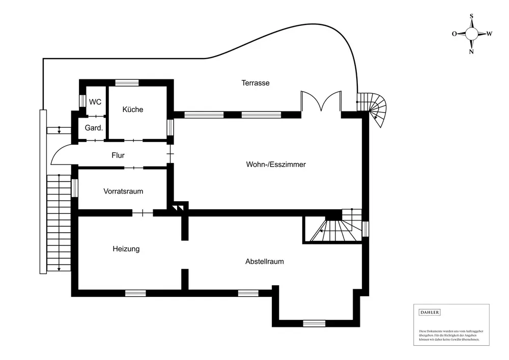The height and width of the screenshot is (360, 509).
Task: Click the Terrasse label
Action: (255, 82)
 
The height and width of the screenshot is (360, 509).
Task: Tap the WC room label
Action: (95, 102)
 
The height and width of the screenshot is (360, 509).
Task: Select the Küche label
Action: (133, 109)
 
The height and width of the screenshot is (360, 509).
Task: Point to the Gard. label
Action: (94, 128)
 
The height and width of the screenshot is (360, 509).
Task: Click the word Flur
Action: (118, 155)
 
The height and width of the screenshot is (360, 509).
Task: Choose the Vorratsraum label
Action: (123, 191)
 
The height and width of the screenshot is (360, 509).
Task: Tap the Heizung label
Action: (126, 249)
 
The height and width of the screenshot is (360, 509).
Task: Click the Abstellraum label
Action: (264, 261)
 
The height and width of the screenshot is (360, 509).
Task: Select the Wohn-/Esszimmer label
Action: (275, 164)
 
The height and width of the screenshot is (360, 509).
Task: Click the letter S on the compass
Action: (471, 16)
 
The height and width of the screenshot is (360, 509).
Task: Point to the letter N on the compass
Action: (471, 51)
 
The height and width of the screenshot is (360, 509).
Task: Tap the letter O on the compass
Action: (454, 34)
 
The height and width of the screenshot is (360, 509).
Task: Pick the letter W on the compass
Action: (489, 34)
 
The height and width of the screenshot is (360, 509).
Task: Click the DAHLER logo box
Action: (430, 312)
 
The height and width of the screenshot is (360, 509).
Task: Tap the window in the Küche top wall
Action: (127, 82)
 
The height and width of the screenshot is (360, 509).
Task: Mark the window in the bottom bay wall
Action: (314, 323)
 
